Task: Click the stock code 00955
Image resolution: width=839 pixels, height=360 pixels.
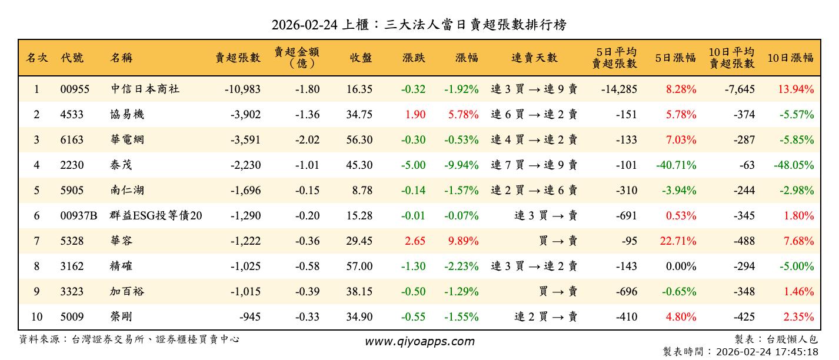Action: [75, 89]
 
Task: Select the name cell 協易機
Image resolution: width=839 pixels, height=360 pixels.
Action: [127, 115]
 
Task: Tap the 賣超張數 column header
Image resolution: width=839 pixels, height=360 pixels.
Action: [238, 58]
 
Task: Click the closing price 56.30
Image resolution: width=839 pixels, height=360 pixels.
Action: [359, 140]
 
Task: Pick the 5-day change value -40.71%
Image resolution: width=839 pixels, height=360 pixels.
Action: [676, 165]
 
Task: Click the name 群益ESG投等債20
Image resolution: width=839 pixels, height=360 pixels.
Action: [156, 216]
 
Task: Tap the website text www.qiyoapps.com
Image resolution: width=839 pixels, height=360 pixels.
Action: [419, 341]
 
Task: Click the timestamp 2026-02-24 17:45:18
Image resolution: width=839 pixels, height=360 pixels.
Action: [767, 352]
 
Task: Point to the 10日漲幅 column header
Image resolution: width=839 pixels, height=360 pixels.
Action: [791, 58]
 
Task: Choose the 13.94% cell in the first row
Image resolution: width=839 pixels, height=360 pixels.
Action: [795, 89]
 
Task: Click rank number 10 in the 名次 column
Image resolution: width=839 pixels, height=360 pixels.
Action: [36, 317]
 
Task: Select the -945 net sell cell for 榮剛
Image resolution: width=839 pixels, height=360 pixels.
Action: [249, 317]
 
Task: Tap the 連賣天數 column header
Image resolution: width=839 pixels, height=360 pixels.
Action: [534, 58]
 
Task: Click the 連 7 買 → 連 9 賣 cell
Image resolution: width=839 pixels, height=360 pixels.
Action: [534, 165]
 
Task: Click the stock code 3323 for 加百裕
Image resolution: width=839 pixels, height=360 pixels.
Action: [72, 292]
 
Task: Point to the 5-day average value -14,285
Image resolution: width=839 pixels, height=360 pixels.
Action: [619, 89]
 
